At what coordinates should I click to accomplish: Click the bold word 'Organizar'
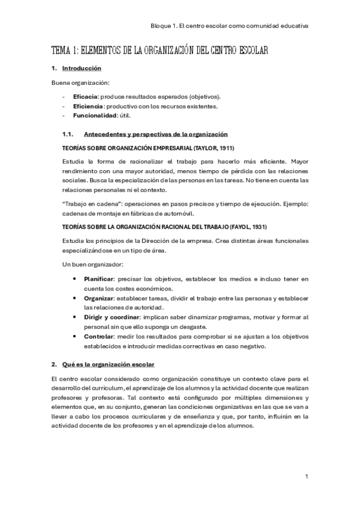tap(100, 298)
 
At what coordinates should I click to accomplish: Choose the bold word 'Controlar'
tap(100, 337)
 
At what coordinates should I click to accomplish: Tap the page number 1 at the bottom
tap(307, 477)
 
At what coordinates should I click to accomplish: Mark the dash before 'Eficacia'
tap(64, 97)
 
